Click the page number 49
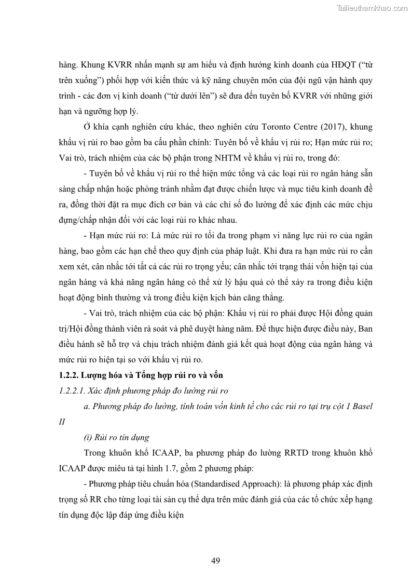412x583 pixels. click(x=216, y=560)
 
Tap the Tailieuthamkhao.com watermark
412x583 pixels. click(x=372, y=8)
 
